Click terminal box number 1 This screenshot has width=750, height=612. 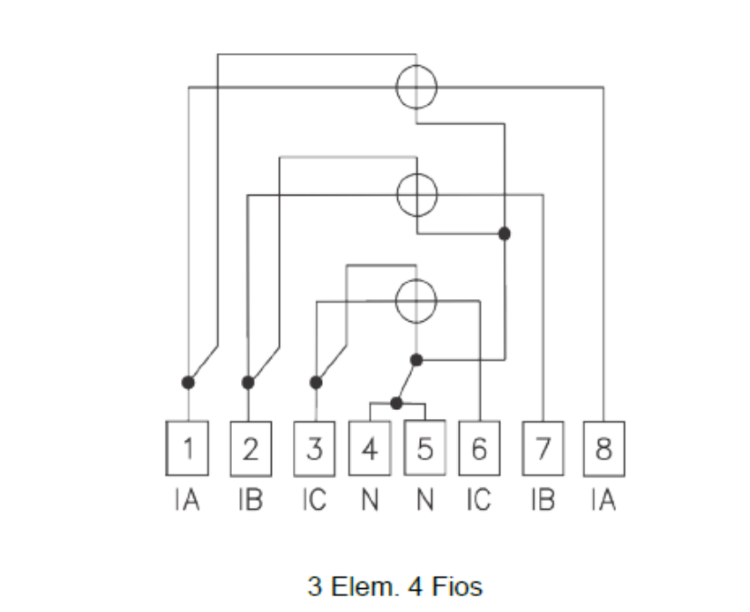pyautogui.click(x=187, y=449)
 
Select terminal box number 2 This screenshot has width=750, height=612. pyautogui.click(x=251, y=449)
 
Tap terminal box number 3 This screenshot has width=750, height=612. pyautogui.click(x=314, y=449)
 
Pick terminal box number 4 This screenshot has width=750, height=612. pyautogui.click(x=370, y=449)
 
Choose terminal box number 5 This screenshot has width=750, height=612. pyautogui.click(x=424, y=448)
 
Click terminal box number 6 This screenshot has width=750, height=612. pyautogui.click(x=479, y=449)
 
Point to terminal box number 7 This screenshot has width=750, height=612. pyautogui.click(x=543, y=449)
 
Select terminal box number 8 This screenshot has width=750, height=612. pyautogui.click(x=604, y=449)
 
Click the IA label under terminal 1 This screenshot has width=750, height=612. pyautogui.click(x=187, y=500)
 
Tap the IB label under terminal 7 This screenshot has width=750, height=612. pyautogui.click(x=543, y=500)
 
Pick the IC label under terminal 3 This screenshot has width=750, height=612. pyautogui.click(x=314, y=500)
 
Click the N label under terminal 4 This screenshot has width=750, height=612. pyautogui.click(x=370, y=500)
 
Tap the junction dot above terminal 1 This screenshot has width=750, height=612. pyautogui.click(x=189, y=383)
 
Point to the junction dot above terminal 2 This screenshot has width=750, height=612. pyautogui.click(x=248, y=383)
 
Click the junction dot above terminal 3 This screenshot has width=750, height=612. pyautogui.click(x=316, y=383)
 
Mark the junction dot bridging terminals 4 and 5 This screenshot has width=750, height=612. pyautogui.click(x=396, y=404)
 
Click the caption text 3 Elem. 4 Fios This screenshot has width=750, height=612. pyautogui.click(x=395, y=586)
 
